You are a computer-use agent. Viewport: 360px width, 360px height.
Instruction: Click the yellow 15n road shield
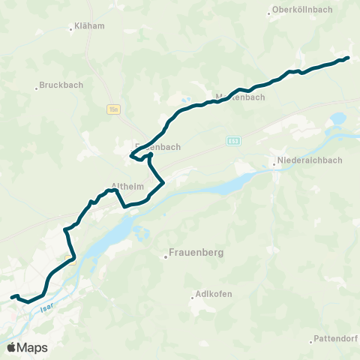click(x=112, y=109)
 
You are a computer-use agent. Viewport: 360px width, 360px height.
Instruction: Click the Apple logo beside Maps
click(x=11, y=347)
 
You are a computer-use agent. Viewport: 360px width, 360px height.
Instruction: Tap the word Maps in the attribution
click(x=32, y=347)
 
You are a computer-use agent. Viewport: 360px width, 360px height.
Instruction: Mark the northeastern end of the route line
click(x=349, y=58)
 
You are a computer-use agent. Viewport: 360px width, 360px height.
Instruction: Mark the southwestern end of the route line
click(x=11, y=298)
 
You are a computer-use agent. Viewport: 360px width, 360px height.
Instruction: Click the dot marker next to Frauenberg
click(x=166, y=257)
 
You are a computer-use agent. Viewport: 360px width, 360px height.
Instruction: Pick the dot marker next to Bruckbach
click(x=36, y=88)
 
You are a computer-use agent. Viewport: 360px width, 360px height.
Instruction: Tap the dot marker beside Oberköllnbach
click(x=269, y=13)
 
